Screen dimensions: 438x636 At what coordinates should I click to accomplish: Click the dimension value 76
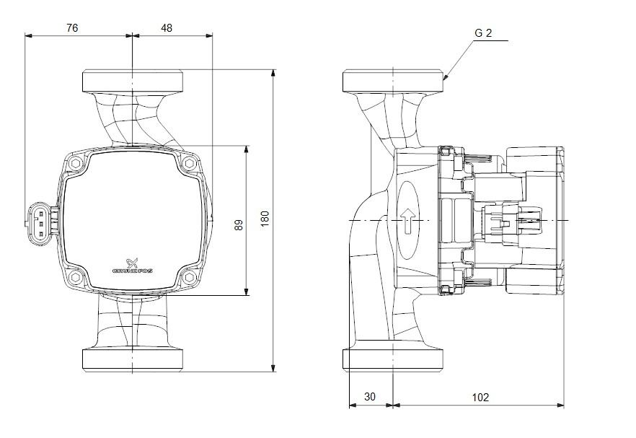tap(71, 27)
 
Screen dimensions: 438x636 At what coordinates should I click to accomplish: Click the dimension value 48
tap(166, 27)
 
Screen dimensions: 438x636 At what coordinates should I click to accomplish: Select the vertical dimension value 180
tap(265, 219)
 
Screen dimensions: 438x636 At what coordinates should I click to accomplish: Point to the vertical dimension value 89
tap(239, 224)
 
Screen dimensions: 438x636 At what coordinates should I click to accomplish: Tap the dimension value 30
tap(370, 397)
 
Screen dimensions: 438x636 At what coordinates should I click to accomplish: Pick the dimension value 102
tap(480, 397)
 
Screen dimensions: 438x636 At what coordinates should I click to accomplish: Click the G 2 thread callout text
tap(484, 33)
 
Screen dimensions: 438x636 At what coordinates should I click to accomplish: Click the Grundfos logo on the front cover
tap(132, 266)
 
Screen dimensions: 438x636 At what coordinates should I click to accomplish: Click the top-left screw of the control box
tap(76, 163)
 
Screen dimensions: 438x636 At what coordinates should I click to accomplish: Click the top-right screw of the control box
tap(189, 163)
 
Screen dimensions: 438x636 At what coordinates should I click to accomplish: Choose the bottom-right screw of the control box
tap(189, 276)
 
